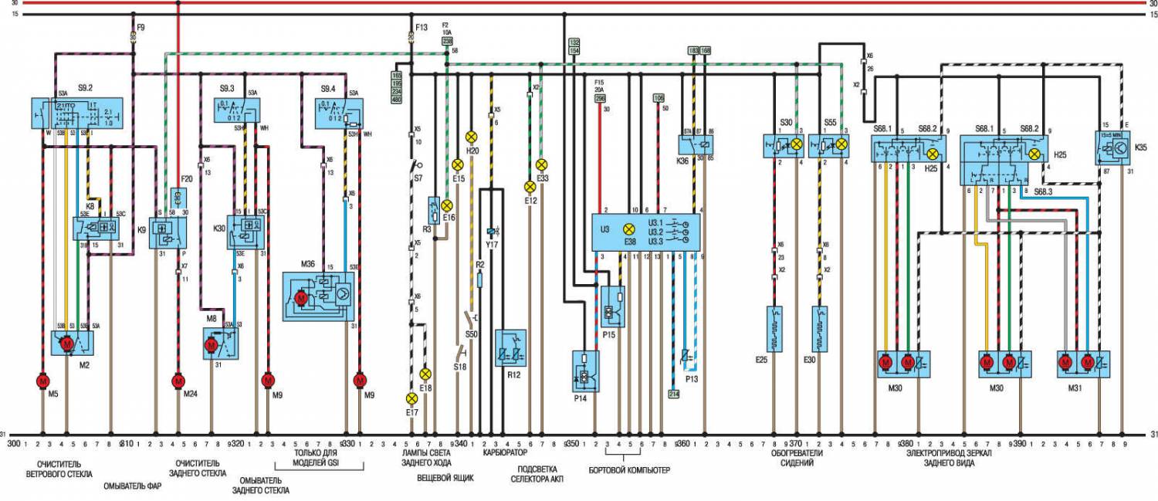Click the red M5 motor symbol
(42, 381)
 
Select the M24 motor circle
(178, 381)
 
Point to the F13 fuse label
(421, 28)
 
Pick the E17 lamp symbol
(411, 398)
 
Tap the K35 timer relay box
(1112, 146)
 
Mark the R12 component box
(512, 348)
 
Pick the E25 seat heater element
(774, 328)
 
